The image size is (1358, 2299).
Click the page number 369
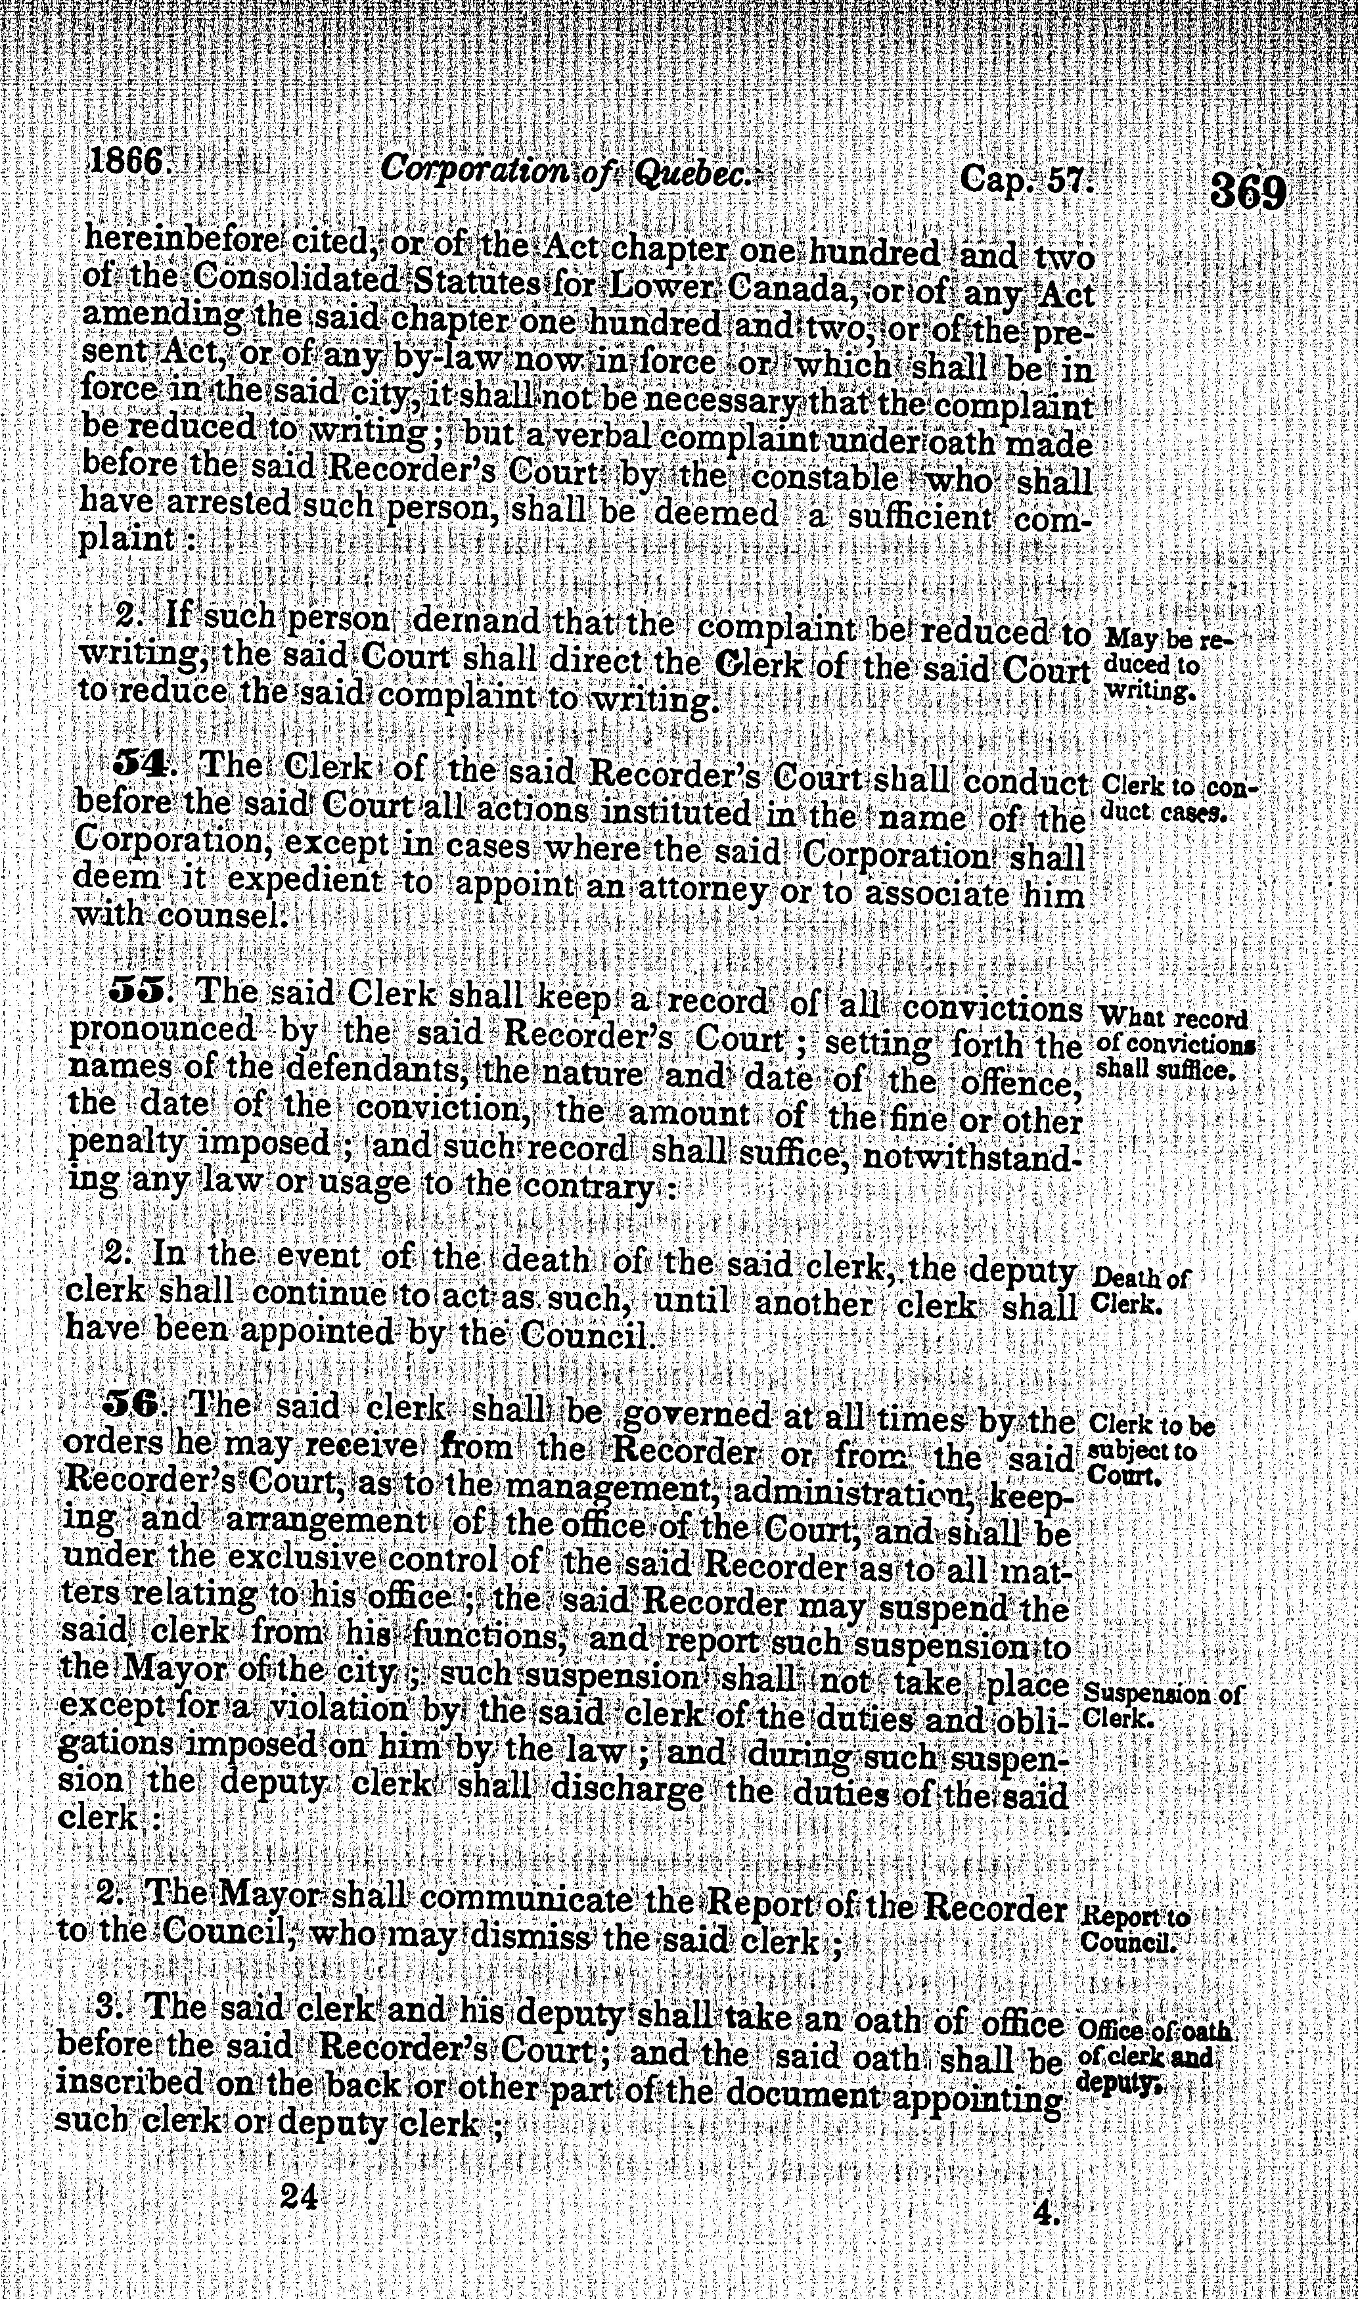coord(1247,193)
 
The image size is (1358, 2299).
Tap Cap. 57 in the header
coord(1027,179)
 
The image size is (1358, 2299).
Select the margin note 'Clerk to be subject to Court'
coord(1148,1451)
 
